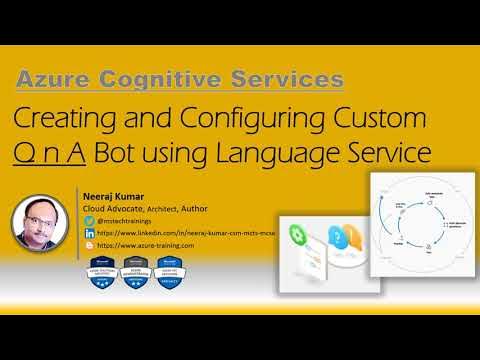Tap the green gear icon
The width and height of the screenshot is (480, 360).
click(x=297, y=237)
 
